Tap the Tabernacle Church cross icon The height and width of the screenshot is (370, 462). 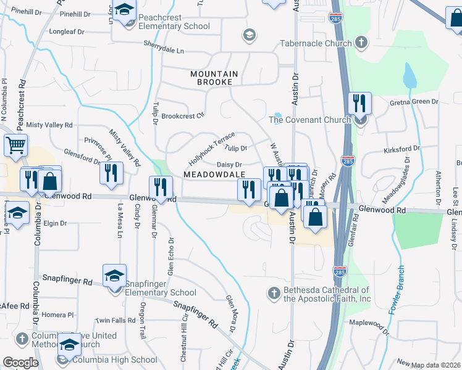pos(361,43)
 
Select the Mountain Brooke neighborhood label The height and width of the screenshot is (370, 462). pos(214,78)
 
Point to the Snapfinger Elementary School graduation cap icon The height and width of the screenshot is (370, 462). pos(114,276)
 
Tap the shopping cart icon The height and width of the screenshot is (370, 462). pos(16,146)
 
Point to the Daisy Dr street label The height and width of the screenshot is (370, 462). pos(229,164)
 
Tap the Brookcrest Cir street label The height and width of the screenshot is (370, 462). pos(182,116)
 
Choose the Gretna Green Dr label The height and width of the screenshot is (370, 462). pos(417,101)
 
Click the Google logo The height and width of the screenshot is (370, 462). pos(20,363)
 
